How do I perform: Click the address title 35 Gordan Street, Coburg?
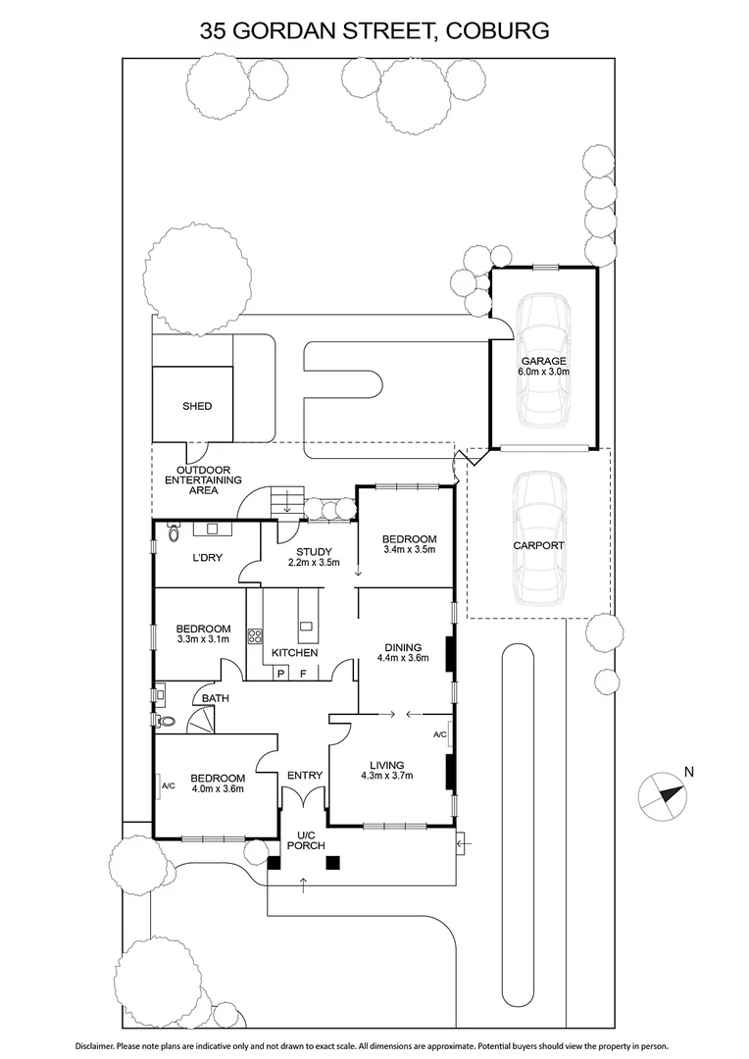[374, 30]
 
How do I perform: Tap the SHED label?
[196, 406]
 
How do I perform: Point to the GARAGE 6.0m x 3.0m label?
[542, 367]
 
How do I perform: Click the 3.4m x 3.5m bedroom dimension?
[409, 550]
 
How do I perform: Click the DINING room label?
[403, 647]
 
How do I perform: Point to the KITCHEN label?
[294, 652]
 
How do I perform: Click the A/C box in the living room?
[439, 734]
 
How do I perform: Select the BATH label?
[215, 698]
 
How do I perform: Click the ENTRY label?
[305, 776]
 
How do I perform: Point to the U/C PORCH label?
[304, 839]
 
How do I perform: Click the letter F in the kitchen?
[304, 674]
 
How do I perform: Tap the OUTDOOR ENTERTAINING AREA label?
[203, 479]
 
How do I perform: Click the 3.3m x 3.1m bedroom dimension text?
[203, 639]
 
